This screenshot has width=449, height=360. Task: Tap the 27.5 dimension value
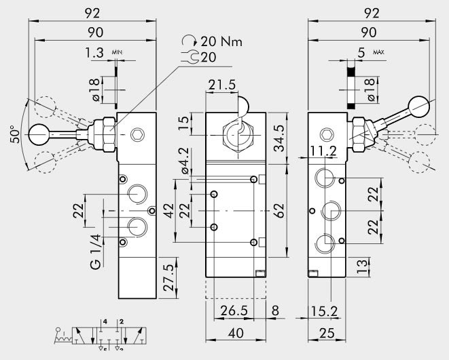(x=169, y=277)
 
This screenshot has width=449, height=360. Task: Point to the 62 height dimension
(x=279, y=212)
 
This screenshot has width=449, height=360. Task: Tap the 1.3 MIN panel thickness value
(x=94, y=52)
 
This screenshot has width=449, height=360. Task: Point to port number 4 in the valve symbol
(x=104, y=320)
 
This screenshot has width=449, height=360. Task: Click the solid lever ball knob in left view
(x=38, y=136)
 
